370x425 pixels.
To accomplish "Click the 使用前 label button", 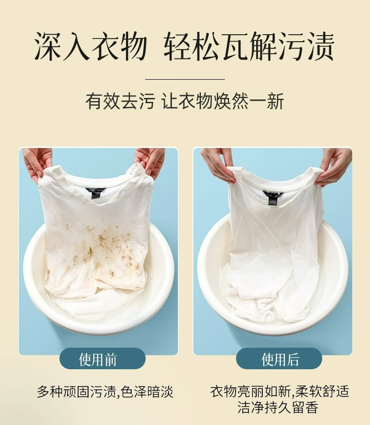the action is [103, 359].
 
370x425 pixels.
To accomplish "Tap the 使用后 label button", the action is [279, 359].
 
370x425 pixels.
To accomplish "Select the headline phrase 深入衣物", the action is [91, 46].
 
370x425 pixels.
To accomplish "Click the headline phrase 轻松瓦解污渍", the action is [249, 46].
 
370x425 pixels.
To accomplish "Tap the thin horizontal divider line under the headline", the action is [185, 79].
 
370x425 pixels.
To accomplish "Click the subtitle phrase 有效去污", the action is [120, 101].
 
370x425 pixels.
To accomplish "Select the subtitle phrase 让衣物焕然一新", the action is [223, 101].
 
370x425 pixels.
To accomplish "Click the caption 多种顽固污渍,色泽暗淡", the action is [105, 392].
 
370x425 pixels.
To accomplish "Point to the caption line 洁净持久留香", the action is [278, 407].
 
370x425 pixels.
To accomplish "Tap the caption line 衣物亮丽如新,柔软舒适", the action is [280, 391].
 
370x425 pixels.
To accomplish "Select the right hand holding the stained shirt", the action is [151, 161].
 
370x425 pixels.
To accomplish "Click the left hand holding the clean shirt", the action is [218, 165].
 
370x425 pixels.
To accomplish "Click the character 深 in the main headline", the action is [48, 46].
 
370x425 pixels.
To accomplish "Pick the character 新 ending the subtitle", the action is [275, 101].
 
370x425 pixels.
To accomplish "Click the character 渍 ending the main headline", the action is [320, 46].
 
